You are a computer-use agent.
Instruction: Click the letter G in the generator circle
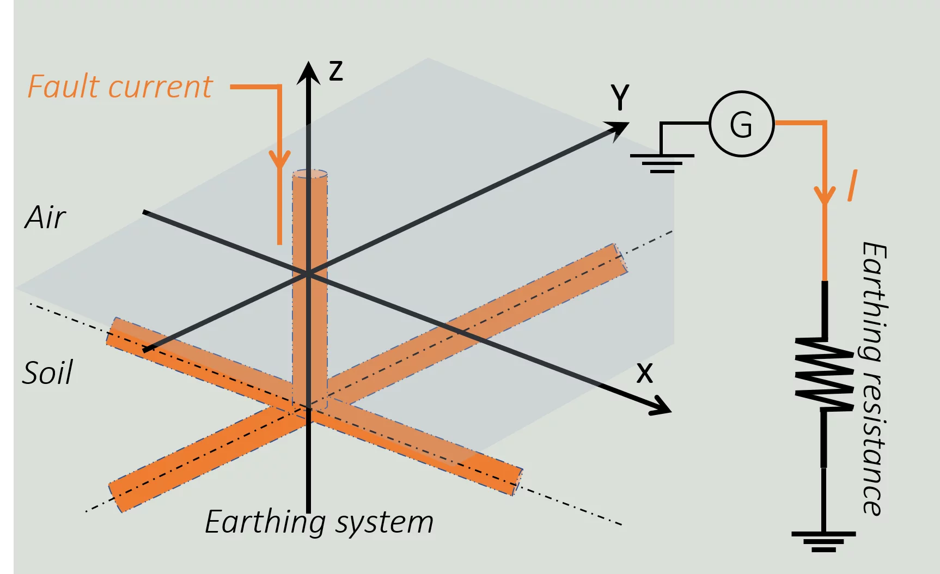(x=741, y=124)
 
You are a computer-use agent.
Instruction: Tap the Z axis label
(x=336, y=71)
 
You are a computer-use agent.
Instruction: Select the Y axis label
(x=620, y=97)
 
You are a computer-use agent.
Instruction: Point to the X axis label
(x=645, y=374)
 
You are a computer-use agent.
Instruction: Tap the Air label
(x=45, y=217)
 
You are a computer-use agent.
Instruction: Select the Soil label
(x=47, y=373)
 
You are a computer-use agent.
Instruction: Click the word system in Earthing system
(x=384, y=523)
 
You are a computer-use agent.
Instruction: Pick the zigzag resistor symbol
(x=824, y=374)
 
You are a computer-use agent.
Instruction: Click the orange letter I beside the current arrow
(x=852, y=186)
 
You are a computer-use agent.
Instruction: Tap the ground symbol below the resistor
(x=823, y=542)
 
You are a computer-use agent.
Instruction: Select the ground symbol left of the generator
(x=662, y=163)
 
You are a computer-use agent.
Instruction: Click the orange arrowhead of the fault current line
(x=280, y=160)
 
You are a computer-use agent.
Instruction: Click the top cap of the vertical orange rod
(x=310, y=174)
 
